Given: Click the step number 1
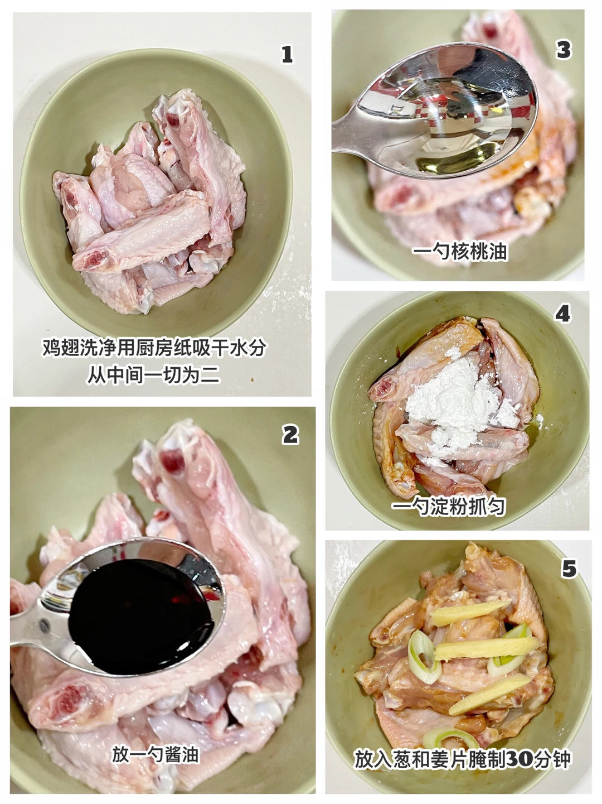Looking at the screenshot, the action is (287, 55).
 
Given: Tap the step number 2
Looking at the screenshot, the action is (290, 435).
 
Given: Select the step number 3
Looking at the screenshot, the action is (564, 50).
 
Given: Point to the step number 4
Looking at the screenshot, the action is (563, 314).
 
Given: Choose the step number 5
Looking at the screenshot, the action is (569, 569).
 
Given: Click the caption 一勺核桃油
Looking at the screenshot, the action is (460, 252).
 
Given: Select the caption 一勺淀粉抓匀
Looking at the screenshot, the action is (449, 507).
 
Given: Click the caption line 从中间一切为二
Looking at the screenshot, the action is (153, 375).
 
